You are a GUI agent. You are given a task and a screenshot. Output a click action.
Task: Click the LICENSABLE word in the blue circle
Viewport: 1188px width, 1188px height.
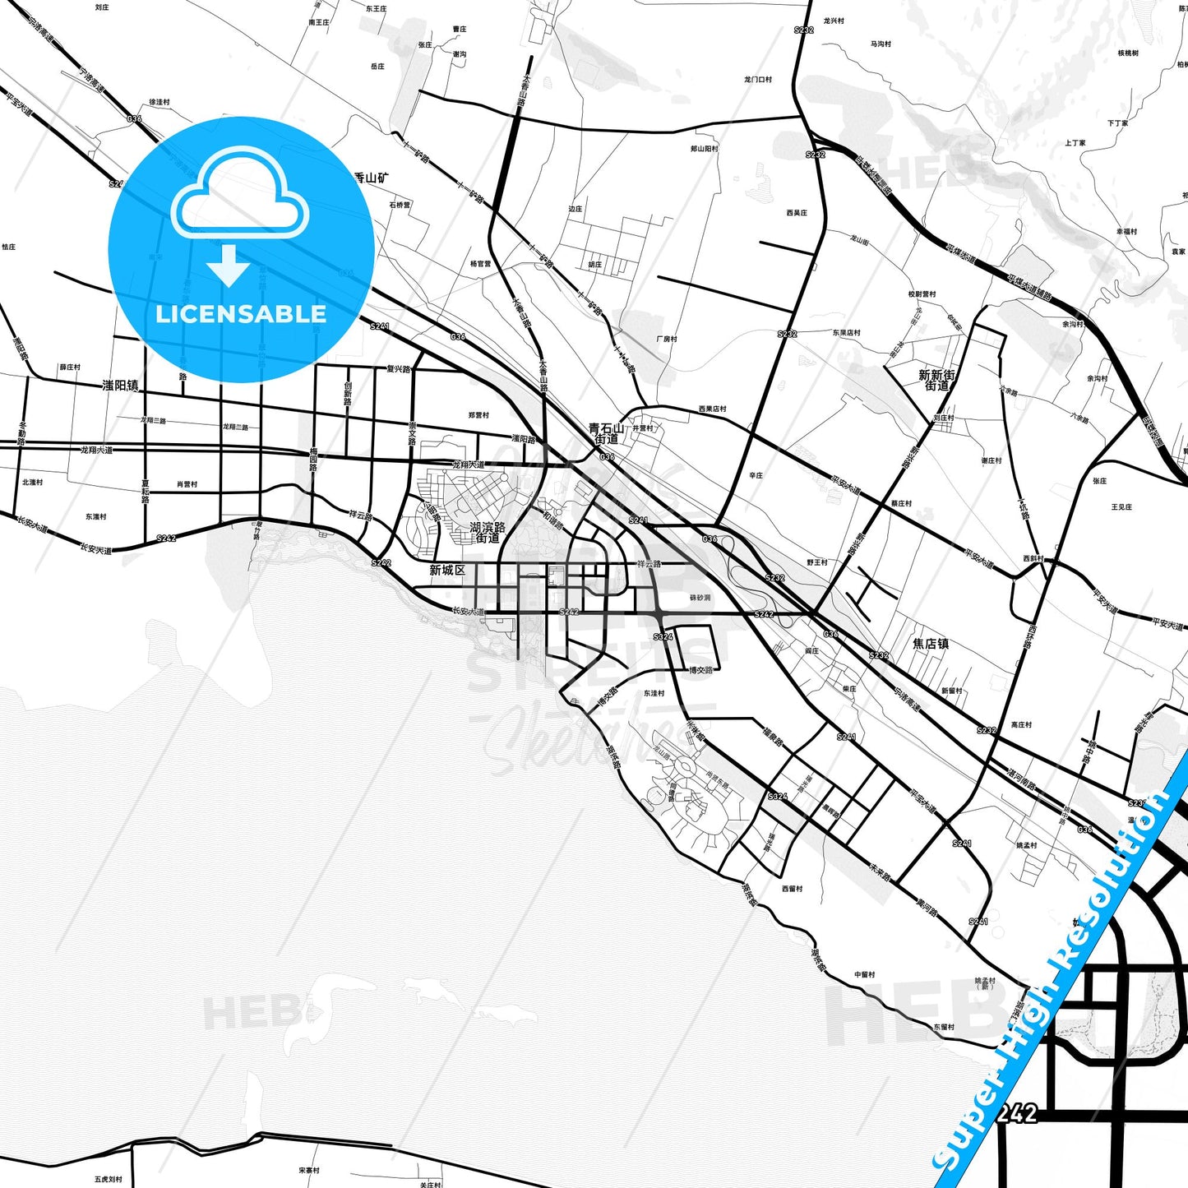click(241, 314)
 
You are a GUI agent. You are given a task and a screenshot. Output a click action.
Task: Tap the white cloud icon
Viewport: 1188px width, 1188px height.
click(239, 194)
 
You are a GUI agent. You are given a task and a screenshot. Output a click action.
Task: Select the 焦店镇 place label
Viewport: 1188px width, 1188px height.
click(931, 644)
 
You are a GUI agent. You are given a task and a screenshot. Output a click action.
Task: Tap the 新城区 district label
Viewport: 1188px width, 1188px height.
click(447, 570)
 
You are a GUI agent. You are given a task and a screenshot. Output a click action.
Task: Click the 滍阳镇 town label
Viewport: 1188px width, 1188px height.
click(120, 385)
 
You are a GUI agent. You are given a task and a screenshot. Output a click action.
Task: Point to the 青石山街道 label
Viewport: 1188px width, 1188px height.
click(607, 433)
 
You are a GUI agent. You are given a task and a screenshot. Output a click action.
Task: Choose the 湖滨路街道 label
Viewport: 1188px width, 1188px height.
click(488, 532)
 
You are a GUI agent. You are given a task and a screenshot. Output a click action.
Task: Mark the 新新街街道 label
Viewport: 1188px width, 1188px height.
click(937, 380)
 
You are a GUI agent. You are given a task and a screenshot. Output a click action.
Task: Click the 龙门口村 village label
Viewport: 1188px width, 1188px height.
click(758, 80)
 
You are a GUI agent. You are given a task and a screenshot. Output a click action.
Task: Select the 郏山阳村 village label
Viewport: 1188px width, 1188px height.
click(704, 149)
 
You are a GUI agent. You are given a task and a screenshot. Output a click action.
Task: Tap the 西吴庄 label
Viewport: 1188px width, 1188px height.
click(797, 213)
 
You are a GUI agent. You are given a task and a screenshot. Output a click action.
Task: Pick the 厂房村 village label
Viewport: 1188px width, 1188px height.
click(667, 339)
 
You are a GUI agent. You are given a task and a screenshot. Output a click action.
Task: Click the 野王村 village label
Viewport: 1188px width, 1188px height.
click(817, 562)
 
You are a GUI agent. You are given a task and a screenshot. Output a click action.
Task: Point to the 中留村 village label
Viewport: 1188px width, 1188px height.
click(864, 974)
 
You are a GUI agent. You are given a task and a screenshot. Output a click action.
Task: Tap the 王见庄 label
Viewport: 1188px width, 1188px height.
click(1121, 507)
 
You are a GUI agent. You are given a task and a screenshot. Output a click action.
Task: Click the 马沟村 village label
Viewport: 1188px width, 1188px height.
click(881, 44)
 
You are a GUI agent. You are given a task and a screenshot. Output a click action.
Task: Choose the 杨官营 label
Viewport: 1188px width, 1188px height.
click(480, 264)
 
